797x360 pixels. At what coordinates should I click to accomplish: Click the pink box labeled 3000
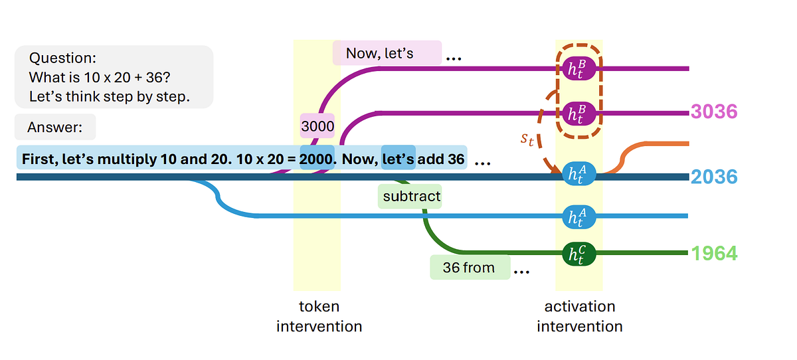317,126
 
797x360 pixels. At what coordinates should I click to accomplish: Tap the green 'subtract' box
410,197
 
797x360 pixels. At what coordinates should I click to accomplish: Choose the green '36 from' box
470,268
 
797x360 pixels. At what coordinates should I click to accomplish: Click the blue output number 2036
714,177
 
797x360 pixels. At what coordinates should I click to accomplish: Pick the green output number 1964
714,253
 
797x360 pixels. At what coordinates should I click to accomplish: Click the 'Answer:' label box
55,127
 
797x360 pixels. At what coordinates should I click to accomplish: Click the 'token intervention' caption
319,316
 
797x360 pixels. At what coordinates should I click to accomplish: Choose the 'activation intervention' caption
579,316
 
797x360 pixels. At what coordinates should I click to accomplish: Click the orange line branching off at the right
658,143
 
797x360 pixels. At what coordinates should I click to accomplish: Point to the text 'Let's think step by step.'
110,96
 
